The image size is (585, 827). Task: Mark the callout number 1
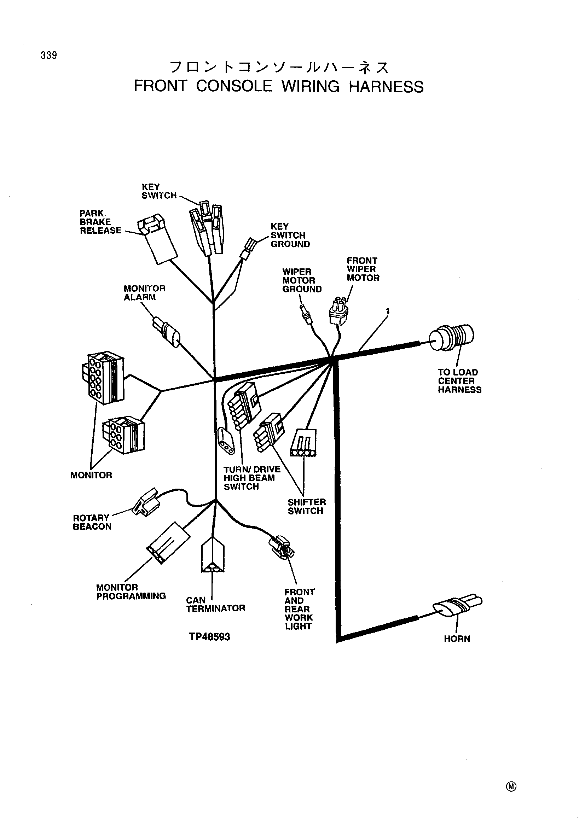tap(388, 311)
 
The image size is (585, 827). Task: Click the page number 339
tap(49, 56)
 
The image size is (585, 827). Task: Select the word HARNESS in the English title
tap(386, 86)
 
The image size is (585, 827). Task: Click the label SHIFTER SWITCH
tap(307, 506)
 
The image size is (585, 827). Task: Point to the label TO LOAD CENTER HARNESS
tap(459, 381)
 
